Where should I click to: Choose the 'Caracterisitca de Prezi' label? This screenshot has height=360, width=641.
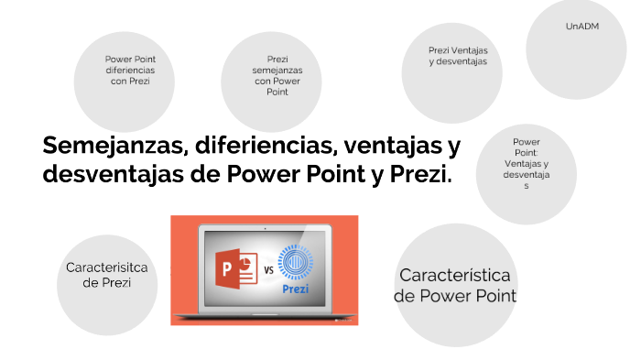(x=107, y=274)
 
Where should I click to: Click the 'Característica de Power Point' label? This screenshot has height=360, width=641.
(x=455, y=285)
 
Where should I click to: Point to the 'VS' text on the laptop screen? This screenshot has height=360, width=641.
(x=269, y=270)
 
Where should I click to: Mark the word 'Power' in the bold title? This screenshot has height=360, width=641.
(x=253, y=174)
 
